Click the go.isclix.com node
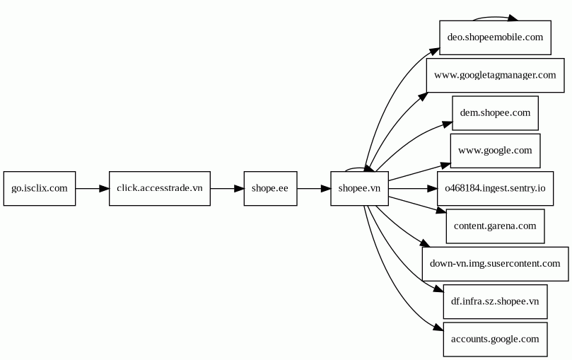(40, 188)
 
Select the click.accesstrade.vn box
(160, 188)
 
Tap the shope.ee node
(270, 188)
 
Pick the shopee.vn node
(359, 188)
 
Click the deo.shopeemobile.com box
(495, 37)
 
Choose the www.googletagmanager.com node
(495, 75)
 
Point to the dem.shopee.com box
(495, 112)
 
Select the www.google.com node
(495, 151)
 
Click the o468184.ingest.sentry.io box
(495, 188)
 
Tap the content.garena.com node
(495, 226)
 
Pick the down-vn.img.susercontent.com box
(495, 264)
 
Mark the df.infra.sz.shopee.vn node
(495, 301)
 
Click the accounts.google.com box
(495, 339)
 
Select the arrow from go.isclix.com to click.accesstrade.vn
(92, 188)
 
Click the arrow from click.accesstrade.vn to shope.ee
(227, 188)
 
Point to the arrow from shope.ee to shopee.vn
(313, 188)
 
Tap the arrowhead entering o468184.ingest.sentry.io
(432, 189)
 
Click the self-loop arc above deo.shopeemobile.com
(495, 17)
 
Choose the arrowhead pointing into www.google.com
(445, 164)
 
